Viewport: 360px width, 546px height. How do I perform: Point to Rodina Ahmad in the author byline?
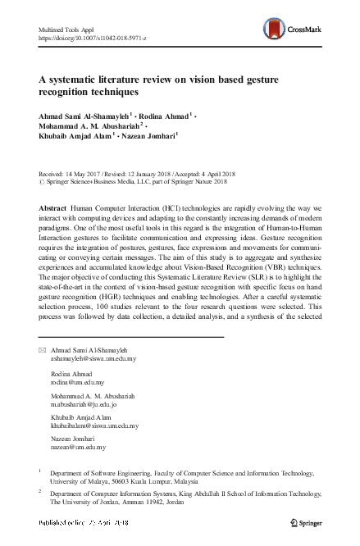tap(167, 117)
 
